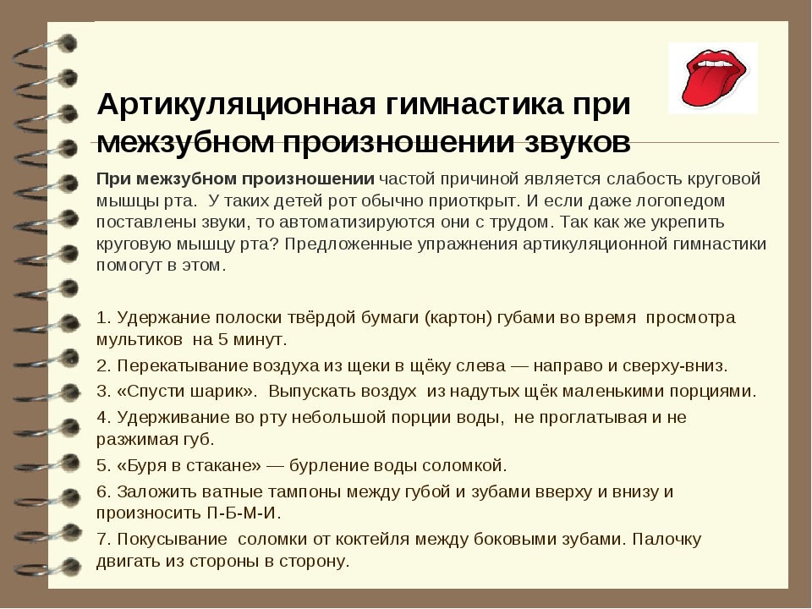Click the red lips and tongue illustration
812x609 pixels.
tap(713, 78)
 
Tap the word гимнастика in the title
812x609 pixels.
tap(474, 104)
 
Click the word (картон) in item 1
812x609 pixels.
tap(458, 317)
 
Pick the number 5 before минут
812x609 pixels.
tap(222, 340)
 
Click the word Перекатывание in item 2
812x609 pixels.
tap(183, 366)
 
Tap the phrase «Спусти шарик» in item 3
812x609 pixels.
tap(186, 391)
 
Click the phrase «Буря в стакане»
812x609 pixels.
tap(189, 465)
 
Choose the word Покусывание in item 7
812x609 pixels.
tap(172, 540)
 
